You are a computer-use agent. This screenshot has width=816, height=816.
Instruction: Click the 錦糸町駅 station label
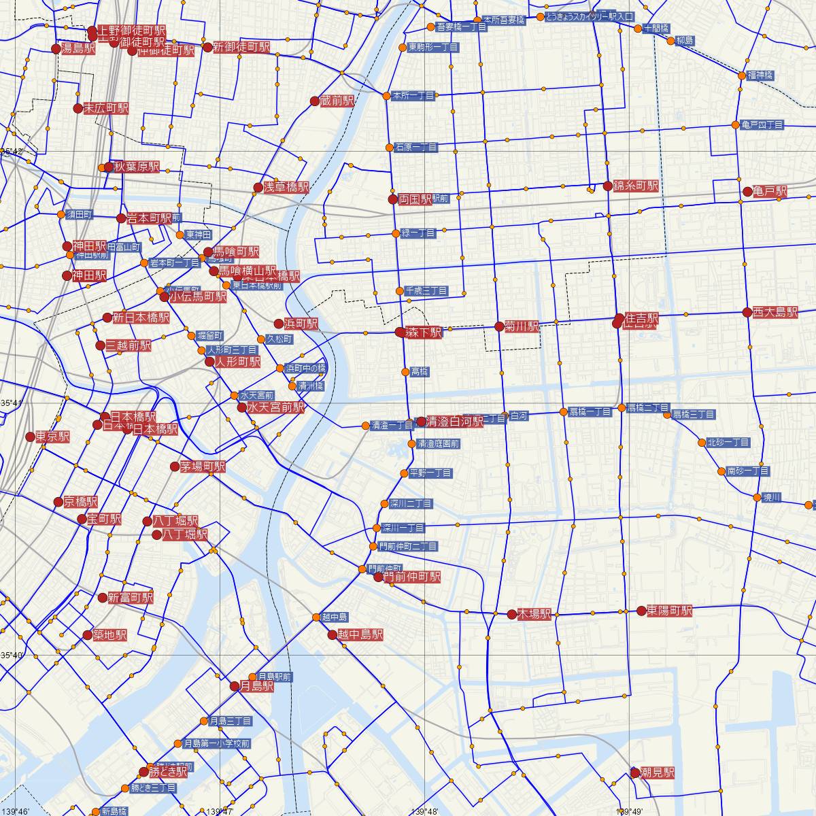click(x=636, y=186)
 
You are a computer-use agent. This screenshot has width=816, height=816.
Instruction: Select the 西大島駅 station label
click(x=775, y=312)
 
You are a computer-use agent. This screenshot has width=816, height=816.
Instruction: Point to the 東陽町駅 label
click(x=669, y=611)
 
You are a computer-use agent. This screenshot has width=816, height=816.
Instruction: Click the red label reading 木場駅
click(x=533, y=614)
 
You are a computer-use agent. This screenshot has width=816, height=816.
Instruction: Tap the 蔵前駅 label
click(x=337, y=101)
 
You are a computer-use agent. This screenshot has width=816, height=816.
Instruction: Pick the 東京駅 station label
click(x=52, y=437)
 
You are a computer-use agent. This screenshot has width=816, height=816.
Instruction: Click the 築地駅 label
click(x=109, y=635)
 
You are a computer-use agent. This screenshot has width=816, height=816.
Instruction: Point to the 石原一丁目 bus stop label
click(x=415, y=147)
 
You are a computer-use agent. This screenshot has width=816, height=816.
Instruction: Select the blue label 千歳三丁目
click(x=426, y=291)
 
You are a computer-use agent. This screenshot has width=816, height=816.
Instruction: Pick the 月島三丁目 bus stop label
click(x=231, y=721)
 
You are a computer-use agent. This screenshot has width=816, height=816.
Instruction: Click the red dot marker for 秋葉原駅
click(x=108, y=167)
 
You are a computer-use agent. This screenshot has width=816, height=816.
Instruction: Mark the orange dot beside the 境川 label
click(x=758, y=498)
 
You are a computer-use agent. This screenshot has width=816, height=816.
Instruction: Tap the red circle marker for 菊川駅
click(x=500, y=326)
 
